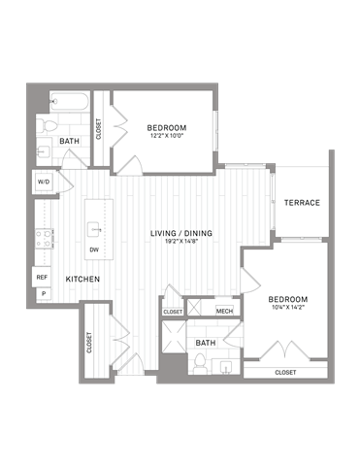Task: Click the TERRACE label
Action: pyautogui.click(x=302, y=202)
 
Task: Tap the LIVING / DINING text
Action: pyautogui.click(x=181, y=234)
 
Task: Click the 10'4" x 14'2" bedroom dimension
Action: pyautogui.click(x=288, y=308)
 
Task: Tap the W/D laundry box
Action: pyautogui.click(x=44, y=182)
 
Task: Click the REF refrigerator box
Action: pyautogui.click(x=42, y=277)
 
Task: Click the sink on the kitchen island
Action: pyautogui.click(x=94, y=229)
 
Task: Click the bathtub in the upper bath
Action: pyautogui.click(x=63, y=102)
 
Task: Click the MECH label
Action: pyautogui.click(x=224, y=312)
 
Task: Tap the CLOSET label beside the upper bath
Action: pyautogui.click(x=99, y=128)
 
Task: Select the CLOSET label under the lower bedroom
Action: pyautogui.click(x=285, y=372)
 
